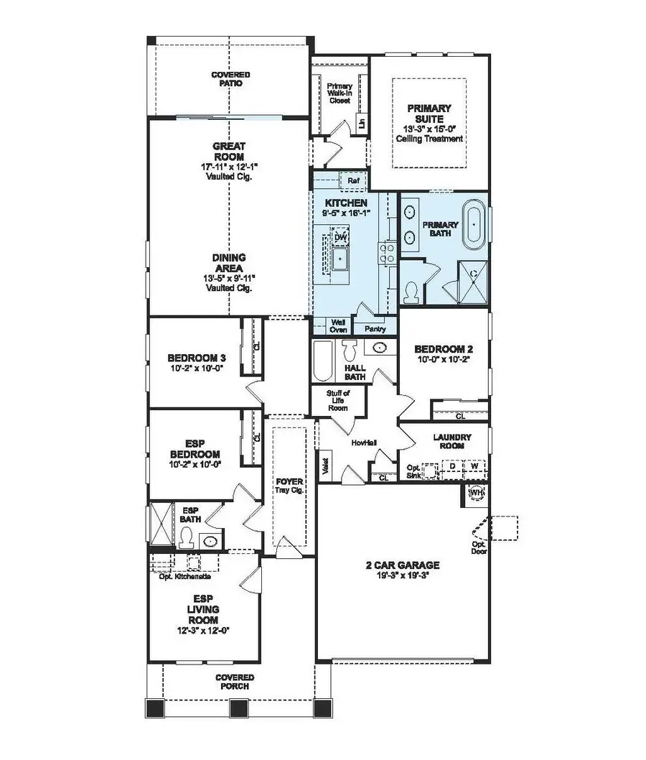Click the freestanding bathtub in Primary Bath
pos(473,224)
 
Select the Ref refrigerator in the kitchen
pos(353,181)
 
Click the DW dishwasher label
pos(341,237)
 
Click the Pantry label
pos(375,329)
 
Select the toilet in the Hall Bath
pos(351,351)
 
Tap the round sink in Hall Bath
pos(380,348)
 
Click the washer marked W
pos(474,465)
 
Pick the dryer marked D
pos(453,465)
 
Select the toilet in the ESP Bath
pos(187,536)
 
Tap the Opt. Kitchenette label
pos(184,576)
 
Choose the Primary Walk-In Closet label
pos(339,93)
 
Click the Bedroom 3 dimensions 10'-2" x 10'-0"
pos(195,368)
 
